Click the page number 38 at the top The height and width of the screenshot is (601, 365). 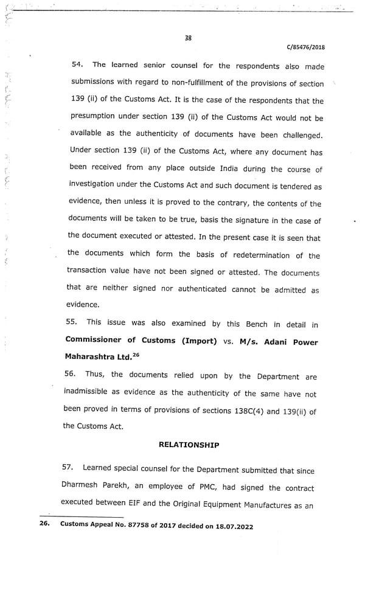click(x=188, y=38)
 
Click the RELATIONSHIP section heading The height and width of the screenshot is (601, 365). click(x=189, y=445)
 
